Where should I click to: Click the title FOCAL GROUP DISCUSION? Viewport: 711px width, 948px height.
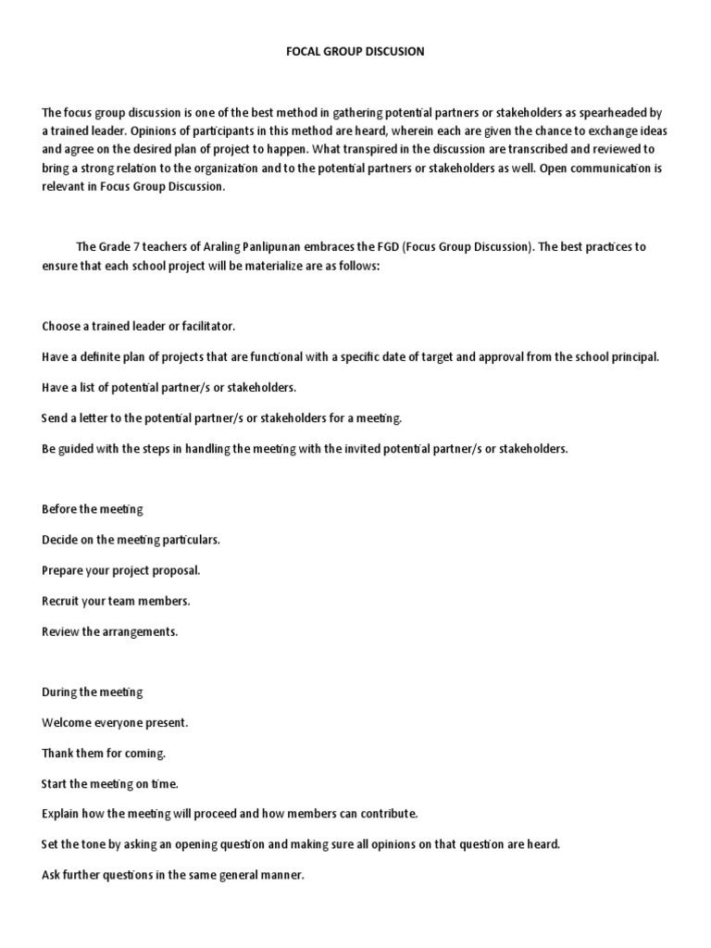[x=355, y=52]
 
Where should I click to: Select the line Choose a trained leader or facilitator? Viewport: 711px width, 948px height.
[x=139, y=327]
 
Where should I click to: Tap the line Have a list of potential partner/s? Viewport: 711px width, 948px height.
[x=168, y=388]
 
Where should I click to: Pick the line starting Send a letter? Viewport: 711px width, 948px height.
[x=222, y=418]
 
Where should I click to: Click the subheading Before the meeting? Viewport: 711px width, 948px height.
[x=93, y=509]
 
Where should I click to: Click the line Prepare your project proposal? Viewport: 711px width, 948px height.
[x=121, y=570]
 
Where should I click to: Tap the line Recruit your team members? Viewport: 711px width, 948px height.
[x=116, y=601]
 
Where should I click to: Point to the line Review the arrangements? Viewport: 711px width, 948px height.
[x=110, y=631]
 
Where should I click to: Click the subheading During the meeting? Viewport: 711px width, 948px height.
[x=93, y=692]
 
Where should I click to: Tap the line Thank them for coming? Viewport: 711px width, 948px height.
[x=104, y=753]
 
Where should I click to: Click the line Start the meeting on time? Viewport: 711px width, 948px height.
[x=110, y=783]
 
